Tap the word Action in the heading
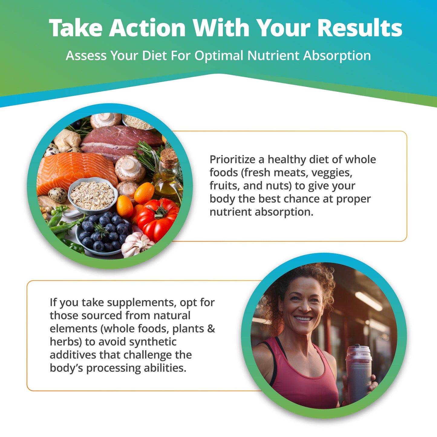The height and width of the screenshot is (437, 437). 148,28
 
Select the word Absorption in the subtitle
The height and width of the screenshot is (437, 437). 337,56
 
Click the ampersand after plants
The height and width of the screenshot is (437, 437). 211,329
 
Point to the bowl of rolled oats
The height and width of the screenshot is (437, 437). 93,195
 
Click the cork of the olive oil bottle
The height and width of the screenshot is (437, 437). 168,157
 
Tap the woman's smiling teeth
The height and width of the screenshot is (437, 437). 303,318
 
